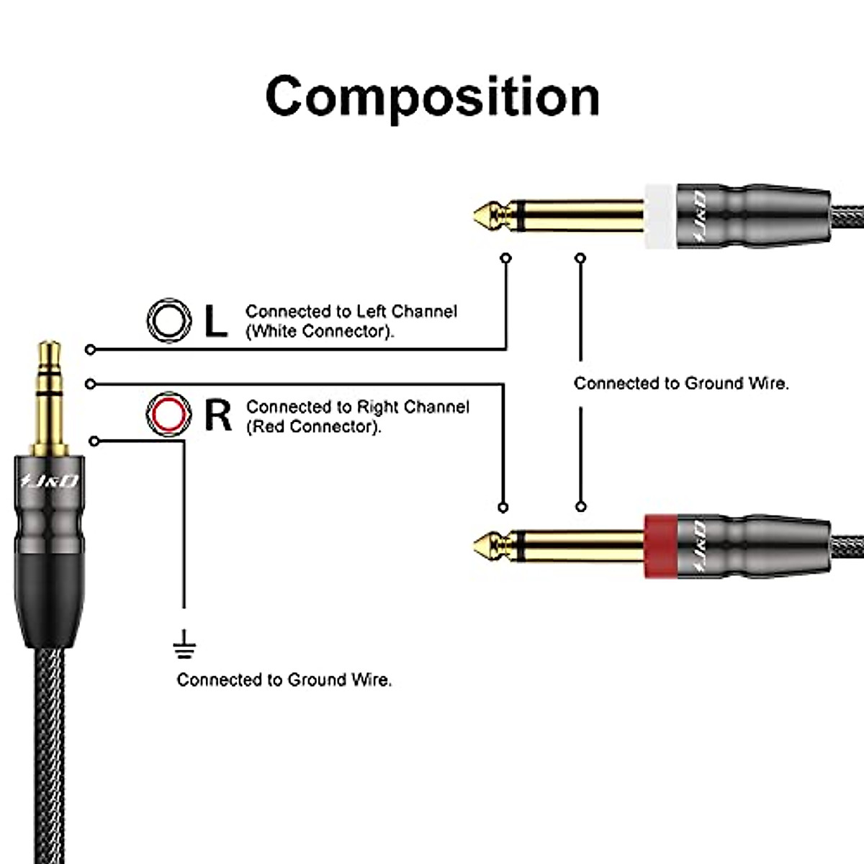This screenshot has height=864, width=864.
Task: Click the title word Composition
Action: [432, 96]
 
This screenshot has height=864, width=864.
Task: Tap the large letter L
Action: [215, 321]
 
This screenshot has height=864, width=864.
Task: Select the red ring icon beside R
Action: [170, 414]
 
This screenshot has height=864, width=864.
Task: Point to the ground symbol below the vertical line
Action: [184, 645]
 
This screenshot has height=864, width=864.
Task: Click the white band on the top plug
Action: [659, 215]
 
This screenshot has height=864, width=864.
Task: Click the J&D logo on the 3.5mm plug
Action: [49, 481]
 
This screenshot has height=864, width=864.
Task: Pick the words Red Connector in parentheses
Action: [314, 426]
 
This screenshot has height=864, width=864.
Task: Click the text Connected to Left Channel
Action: [351, 311]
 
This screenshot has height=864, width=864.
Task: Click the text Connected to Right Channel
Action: [357, 407]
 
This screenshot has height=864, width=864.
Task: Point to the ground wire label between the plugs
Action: [680, 383]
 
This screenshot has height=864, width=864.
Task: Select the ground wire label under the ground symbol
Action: [284, 680]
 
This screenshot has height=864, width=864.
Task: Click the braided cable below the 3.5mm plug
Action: [49, 756]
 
